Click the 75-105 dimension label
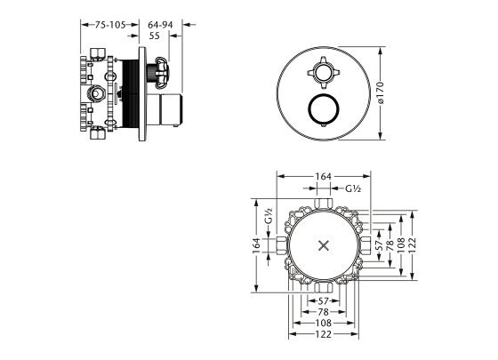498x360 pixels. tap(110, 25)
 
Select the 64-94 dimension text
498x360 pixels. tap(160, 25)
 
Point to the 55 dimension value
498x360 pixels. tap(155, 36)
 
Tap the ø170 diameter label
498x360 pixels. tap(381, 93)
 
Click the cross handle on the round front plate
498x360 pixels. tap(324, 73)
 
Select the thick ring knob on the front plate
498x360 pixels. tap(324, 109)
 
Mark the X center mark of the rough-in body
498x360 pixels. tap(324, 245)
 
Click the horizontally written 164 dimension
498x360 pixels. tap(324, 176)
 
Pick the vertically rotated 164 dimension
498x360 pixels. tap(256, 245)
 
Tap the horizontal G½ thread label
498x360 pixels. tap(353, 188)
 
